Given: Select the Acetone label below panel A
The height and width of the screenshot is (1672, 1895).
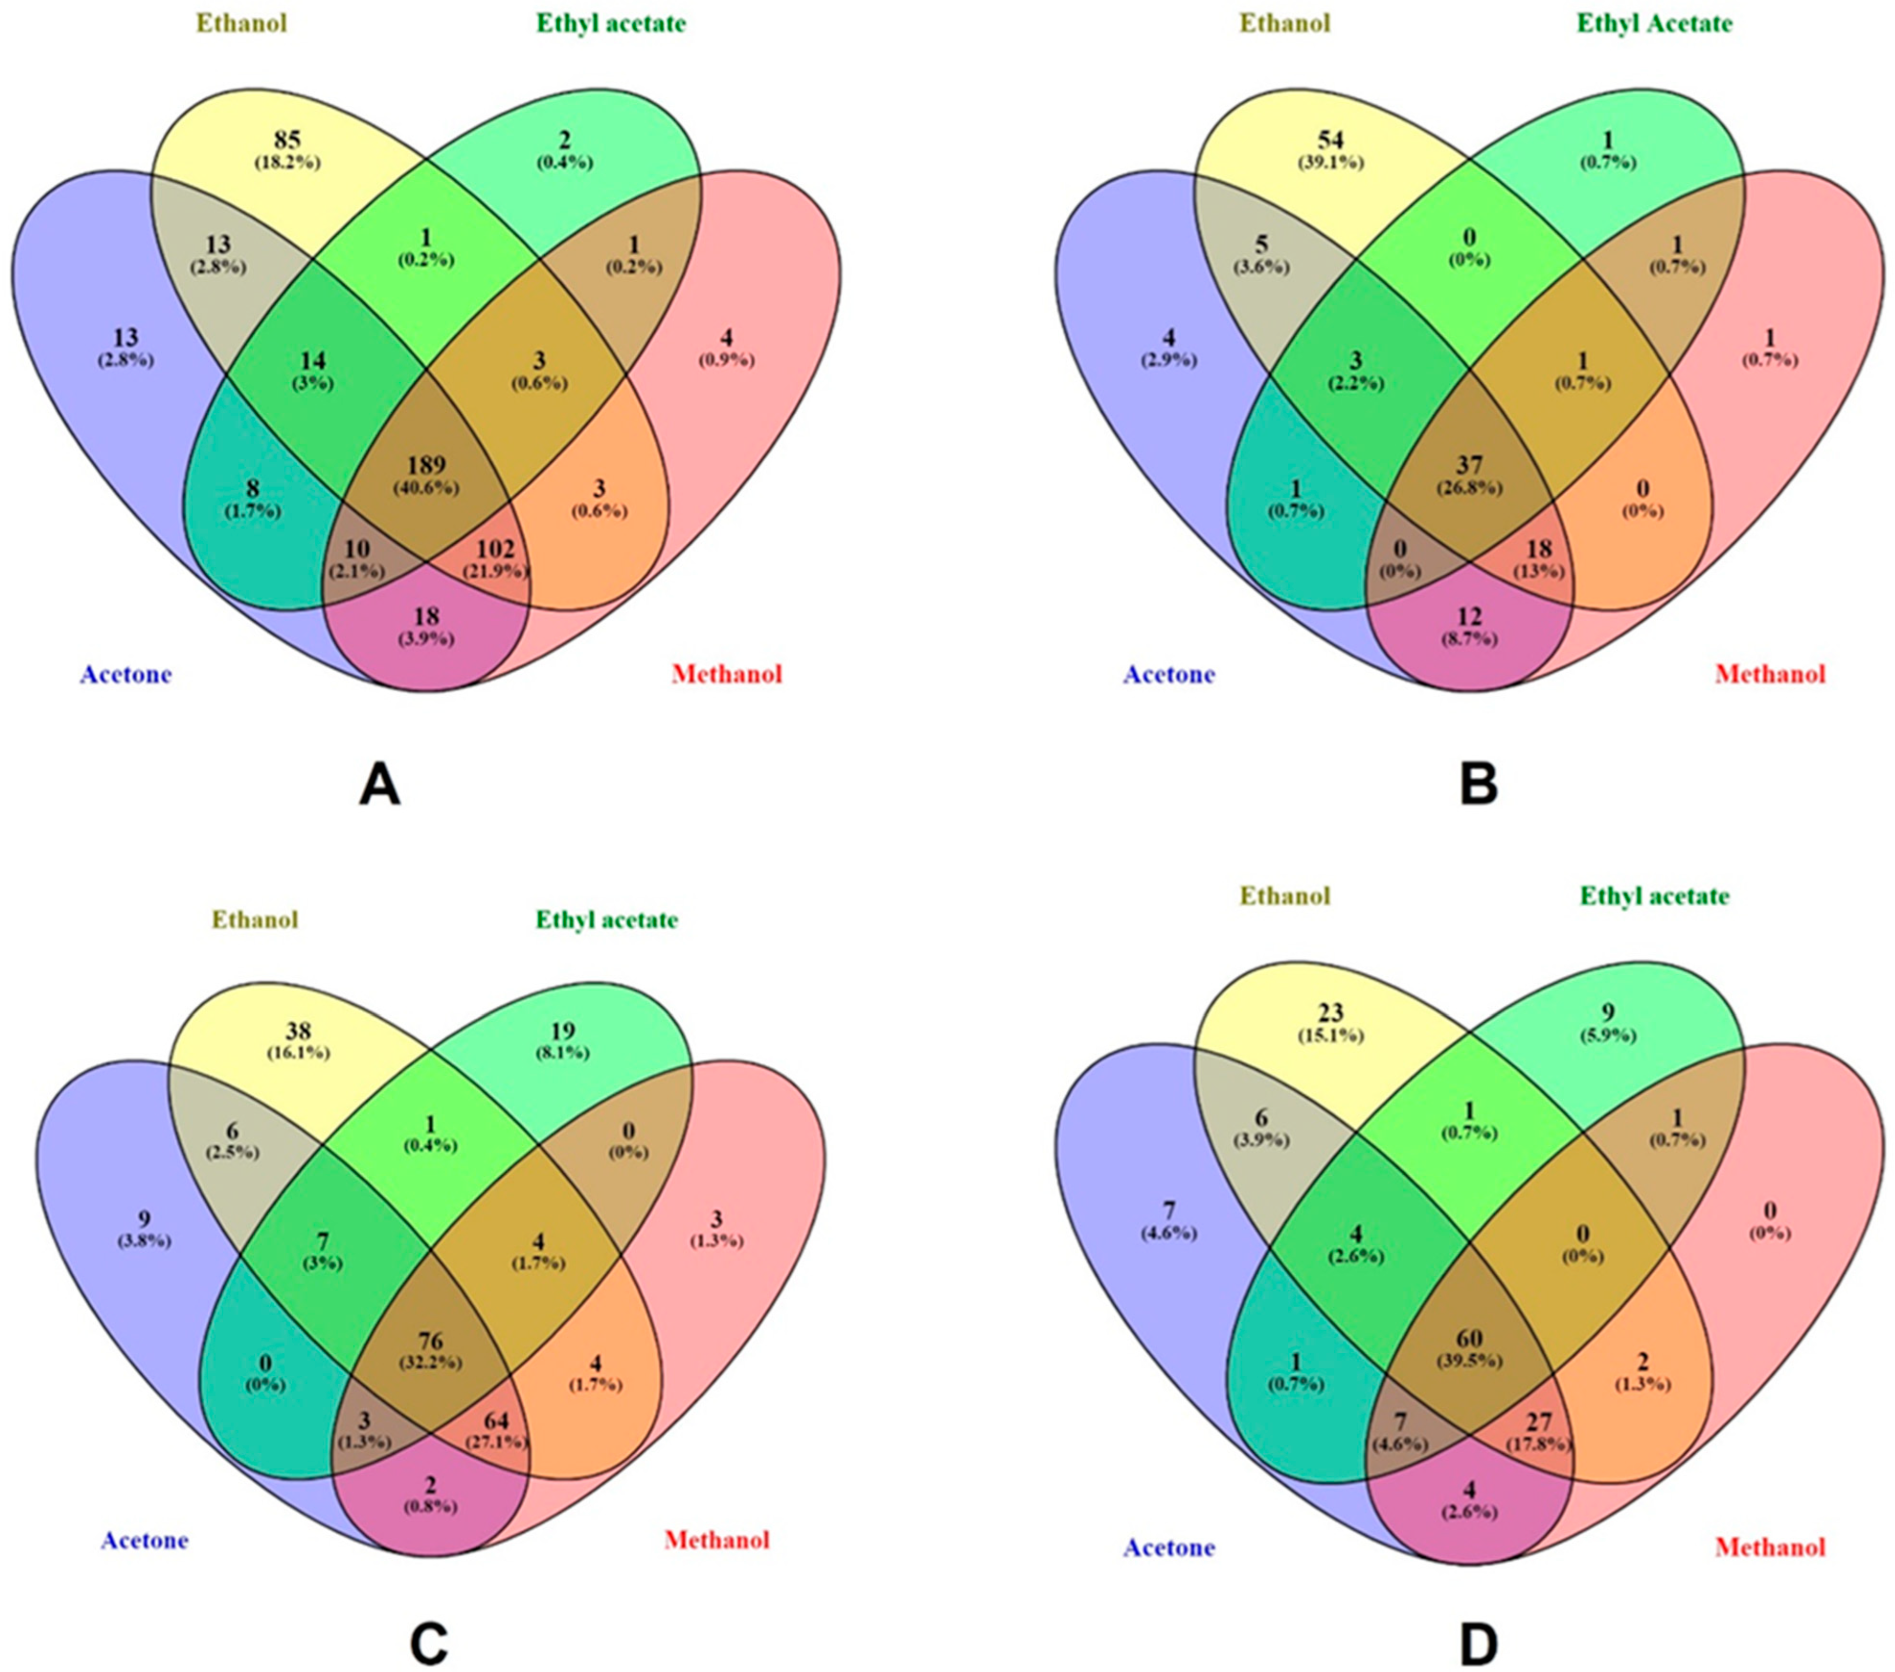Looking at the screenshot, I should (125, 674).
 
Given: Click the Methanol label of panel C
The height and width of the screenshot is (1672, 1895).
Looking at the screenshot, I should (717, 1540).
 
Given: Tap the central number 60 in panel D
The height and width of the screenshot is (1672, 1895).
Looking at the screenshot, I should (1470, 1338).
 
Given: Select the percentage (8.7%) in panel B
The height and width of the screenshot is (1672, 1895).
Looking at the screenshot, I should (1470, 638).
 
